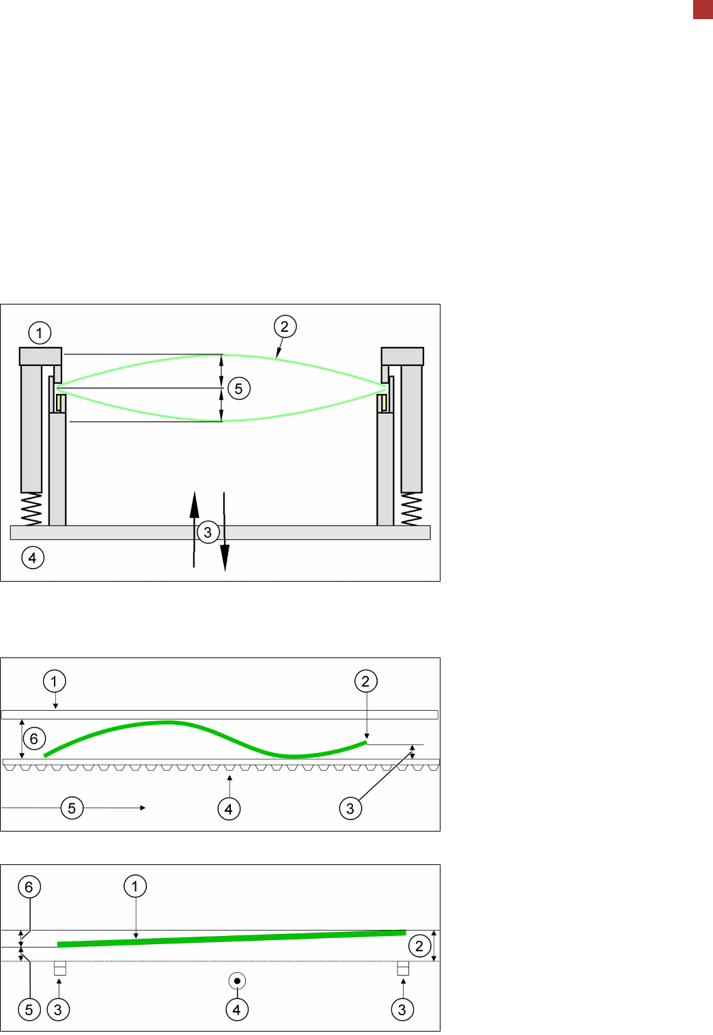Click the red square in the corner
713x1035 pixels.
(x=703, y=10)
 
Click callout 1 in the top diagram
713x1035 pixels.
(x=40, y=332)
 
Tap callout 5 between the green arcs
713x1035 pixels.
(x=239, y=388)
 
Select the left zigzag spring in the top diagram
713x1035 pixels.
(x=31, y=509)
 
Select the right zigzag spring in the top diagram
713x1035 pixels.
(x=411, y=509)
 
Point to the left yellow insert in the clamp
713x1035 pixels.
(x=59, y=403)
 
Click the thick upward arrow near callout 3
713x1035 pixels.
(x=194, y=529)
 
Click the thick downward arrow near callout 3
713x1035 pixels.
(x=225, y=531)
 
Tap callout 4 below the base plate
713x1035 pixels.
(x=33, y=558)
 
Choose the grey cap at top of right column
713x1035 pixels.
(x=402, y=356)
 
